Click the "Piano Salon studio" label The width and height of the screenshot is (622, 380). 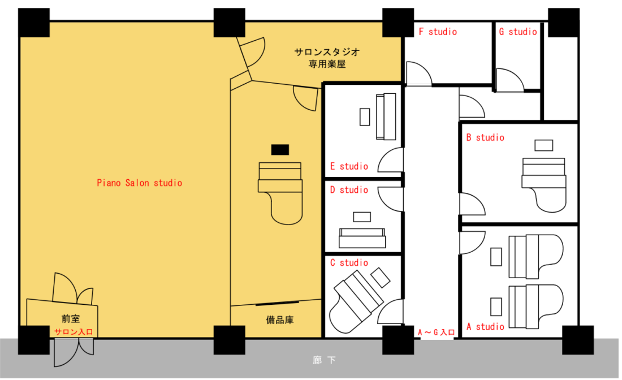coord(139,183)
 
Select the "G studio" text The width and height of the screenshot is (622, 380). coord(517,32)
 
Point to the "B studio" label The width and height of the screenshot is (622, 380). coord(485,137)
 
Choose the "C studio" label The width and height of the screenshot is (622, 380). coord(348,262)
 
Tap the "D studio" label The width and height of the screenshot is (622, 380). coord(348,189)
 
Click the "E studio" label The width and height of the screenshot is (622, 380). coord(348,166)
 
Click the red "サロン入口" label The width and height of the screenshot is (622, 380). coord(73,331)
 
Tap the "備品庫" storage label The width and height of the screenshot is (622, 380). coord(279,319)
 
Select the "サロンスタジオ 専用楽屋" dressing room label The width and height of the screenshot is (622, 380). coord(326,58)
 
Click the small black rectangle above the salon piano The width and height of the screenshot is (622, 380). coord(280,149)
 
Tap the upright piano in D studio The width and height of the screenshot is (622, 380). coord(362,237)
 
